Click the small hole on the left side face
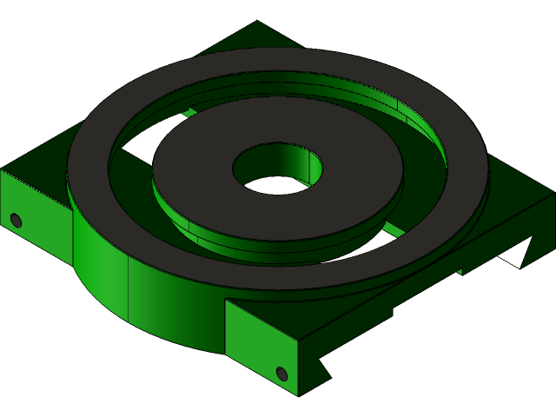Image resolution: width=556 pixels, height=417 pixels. click(16, 220)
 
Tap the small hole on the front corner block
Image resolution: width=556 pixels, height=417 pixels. click(281, 374)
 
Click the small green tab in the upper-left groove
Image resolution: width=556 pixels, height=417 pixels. click(189, 112)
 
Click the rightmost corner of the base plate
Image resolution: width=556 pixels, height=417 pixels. click(553, 195)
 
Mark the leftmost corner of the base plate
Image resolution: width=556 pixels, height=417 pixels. click(2, 171)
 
